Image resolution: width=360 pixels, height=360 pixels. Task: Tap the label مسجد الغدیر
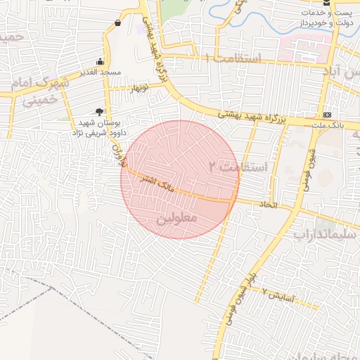coord(100,72)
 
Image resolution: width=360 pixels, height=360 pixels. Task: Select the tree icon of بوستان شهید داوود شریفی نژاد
coord(99,112)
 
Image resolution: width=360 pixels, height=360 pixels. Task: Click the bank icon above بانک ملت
coord(327,115)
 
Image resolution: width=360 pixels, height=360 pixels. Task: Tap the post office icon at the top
coord(327,3)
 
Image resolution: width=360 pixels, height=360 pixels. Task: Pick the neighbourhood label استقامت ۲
coord(239,167)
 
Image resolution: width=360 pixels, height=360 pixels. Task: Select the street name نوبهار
coord(139,88)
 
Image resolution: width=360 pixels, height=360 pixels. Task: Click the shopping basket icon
coord(117,23)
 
